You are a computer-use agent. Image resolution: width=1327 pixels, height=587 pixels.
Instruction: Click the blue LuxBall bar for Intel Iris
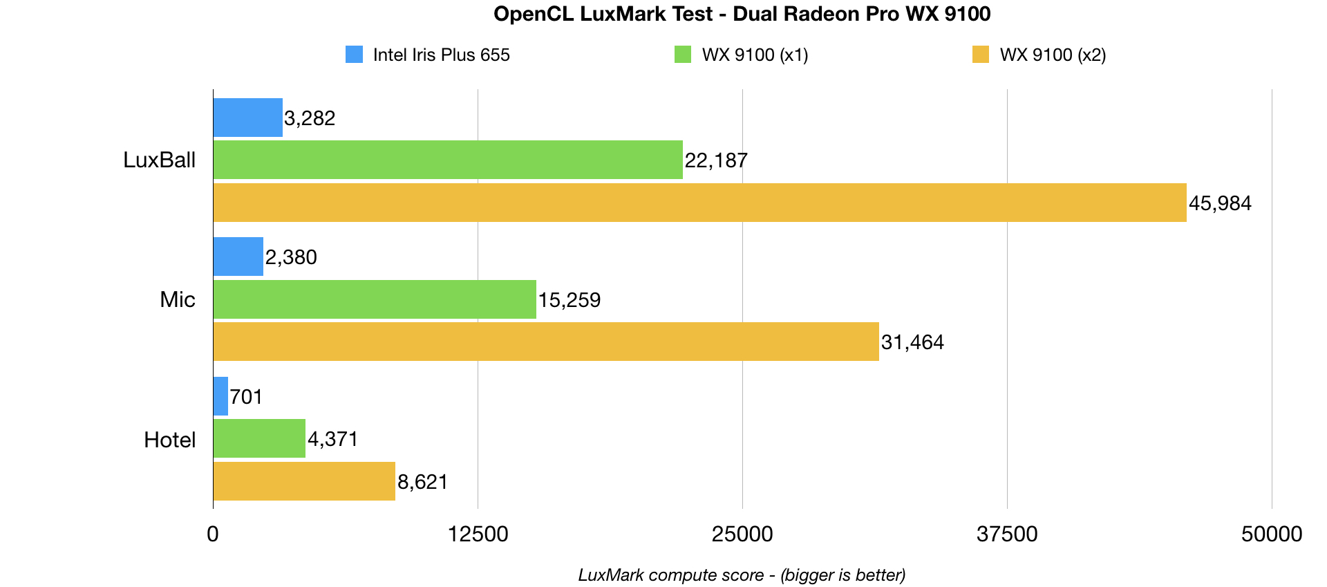248,118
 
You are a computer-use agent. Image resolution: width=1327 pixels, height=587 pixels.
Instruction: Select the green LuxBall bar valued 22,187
448,160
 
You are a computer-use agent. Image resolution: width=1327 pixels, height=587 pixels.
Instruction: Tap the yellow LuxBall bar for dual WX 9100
699,203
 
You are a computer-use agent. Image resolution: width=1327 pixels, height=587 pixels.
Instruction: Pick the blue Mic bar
238,257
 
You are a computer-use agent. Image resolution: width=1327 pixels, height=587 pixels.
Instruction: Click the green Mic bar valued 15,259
375,299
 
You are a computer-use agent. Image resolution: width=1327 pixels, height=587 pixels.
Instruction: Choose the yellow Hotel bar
304,481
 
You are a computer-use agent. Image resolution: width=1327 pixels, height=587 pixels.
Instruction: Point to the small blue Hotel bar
220,396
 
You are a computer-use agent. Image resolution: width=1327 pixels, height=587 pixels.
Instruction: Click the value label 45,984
1220,203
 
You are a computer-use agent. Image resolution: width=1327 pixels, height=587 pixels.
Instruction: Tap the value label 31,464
912,342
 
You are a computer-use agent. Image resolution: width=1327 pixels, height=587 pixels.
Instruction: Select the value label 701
246,397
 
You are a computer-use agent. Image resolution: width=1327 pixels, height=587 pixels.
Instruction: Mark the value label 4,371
333,439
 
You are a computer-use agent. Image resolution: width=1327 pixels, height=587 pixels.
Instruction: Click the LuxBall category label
160,160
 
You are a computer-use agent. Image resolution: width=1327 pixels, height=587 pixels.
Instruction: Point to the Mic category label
178,299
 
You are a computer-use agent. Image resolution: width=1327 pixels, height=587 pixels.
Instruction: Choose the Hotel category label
170,440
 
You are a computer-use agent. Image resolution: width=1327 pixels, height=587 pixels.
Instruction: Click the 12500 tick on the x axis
478,534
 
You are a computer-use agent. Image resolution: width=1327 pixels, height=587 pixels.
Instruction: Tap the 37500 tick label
1007,534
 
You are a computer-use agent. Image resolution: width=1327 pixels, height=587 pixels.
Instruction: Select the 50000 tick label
1272,534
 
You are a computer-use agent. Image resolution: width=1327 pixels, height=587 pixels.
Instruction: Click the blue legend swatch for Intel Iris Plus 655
354,55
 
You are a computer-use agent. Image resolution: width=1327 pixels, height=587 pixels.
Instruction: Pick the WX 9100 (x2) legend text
1053,55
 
